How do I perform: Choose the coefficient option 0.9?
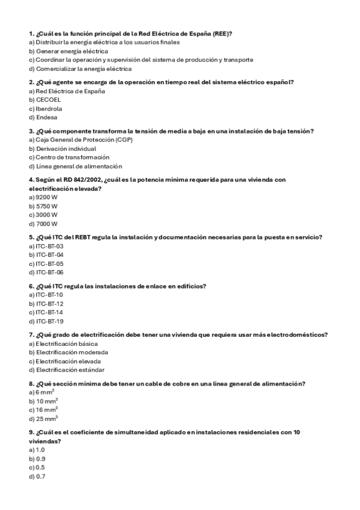pos(41,458)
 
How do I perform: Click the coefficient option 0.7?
pos(41,476)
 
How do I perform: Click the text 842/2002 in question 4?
pos(88,180)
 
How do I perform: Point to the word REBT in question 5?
pos(83,237)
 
